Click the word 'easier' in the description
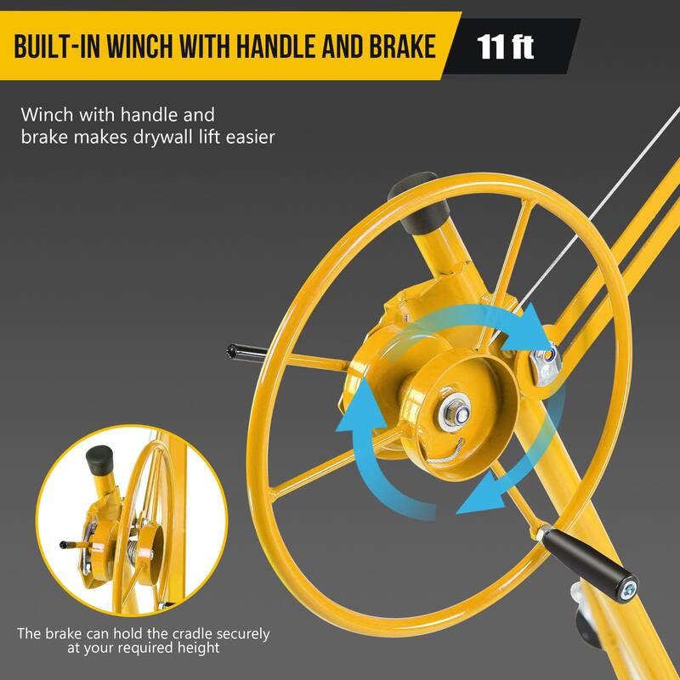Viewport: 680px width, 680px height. pyautogui.click(x=246, y=136)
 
